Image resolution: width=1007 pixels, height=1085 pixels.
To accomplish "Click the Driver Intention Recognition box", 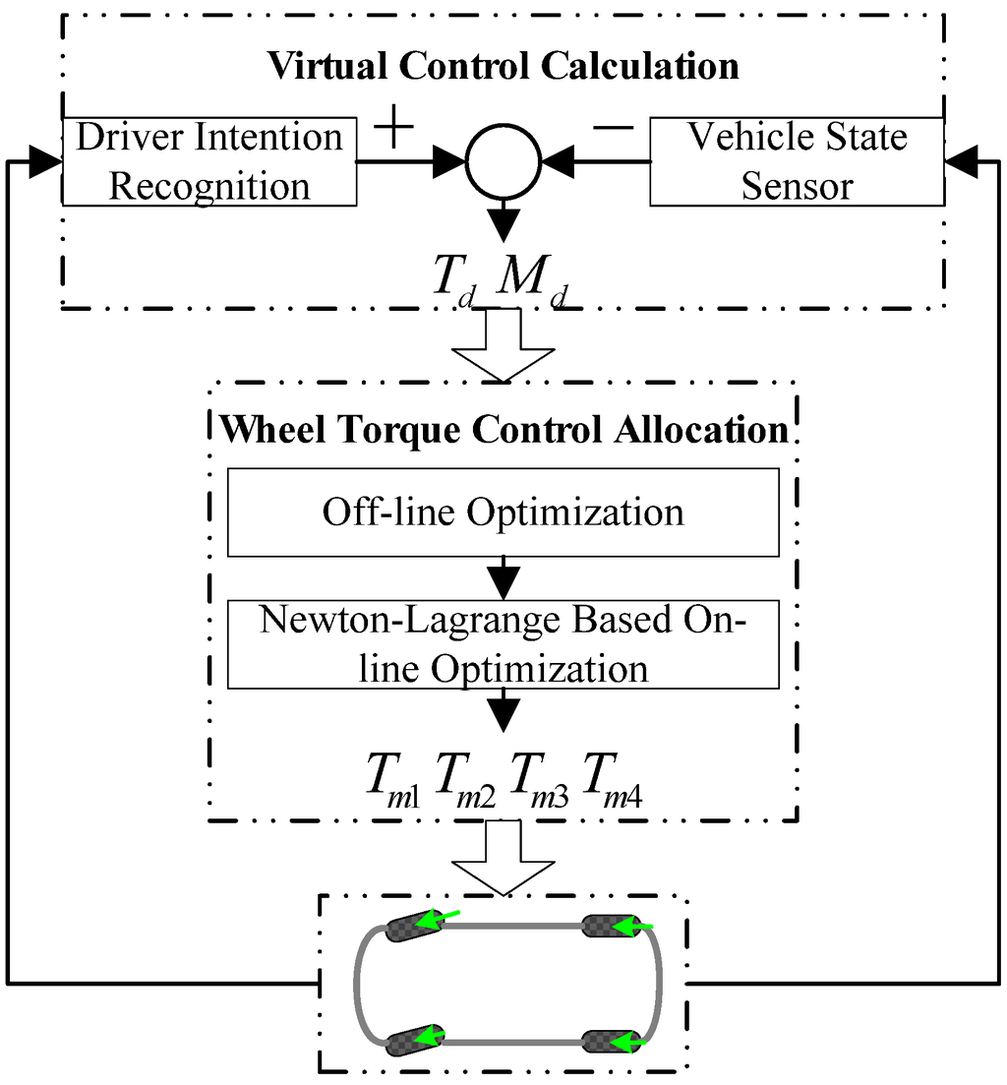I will tap(208, 161).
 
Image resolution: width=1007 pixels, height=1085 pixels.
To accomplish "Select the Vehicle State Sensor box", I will tap(797, 161).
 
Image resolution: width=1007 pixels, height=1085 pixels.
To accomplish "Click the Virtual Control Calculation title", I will tap(503, 66).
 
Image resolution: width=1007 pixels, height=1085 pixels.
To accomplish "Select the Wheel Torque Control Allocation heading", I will tap(503, 430).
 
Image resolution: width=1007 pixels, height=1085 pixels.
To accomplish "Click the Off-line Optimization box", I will tap(503, 512).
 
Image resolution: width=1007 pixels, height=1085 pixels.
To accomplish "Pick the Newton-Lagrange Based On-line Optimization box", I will tap(503, 644).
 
